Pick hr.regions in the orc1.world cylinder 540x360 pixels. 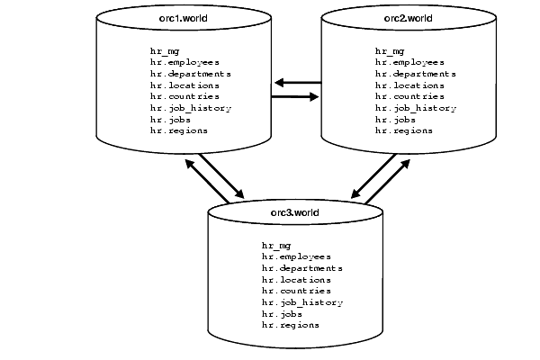[179, 130]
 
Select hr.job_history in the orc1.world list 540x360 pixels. [191, 108]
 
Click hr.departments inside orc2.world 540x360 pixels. [415, 74]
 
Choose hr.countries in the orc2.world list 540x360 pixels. [409, 96]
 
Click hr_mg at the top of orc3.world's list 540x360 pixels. [275, 245]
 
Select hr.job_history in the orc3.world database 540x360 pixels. [302, 302]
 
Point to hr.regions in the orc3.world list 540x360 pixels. [291, 325]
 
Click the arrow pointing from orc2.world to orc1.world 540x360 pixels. [298, 83]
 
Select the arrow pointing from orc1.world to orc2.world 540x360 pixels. [296, 96]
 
